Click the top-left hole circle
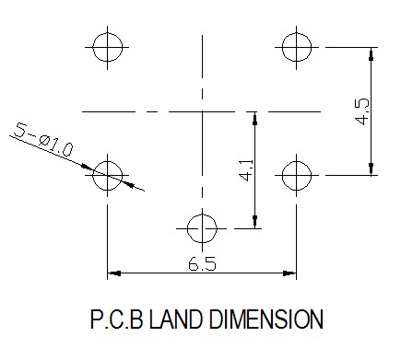click(x=93, y=48)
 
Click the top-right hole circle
click(x=282, y=48)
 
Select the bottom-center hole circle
click(x=187, y=228)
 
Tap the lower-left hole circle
click(x=93, y=176)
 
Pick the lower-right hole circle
click(x=282, y=176)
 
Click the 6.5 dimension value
click(x=202, y=264)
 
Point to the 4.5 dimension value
click(x=362, y=111)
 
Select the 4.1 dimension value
click(x=246, y=170)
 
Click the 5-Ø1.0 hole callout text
click(x=44, y=140)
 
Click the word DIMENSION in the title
click(x=266, y=319)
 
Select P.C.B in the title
click(x=117, y=319)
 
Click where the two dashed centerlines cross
click(x=202, y=111)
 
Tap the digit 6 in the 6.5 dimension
click(x=194, y=264)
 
